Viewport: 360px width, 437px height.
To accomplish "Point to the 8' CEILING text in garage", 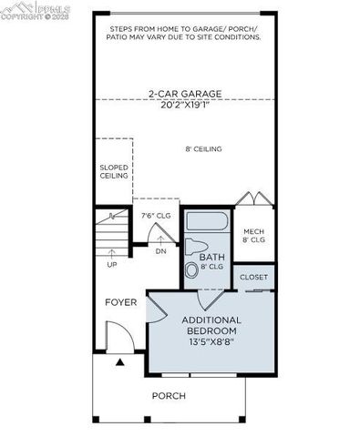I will pyautogui.click(x=204, y=149).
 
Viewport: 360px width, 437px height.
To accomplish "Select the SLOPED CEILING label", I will pyautogui.click(x=114, y=171).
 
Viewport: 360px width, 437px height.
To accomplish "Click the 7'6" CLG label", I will pyautogui.click(x=156, y=216).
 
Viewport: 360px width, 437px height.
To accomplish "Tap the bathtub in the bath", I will pyautogui.click(x=208, y=221).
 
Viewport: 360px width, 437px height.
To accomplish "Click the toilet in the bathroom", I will pyautogui.click(x=195, y=248).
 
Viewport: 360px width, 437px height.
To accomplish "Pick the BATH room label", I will pyautogui.click(x=212, y=261).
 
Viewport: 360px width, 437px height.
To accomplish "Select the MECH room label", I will pyautogui.click(x=253, y=236).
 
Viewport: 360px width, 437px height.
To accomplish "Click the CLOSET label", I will pyautogui.click(x=253, y=277).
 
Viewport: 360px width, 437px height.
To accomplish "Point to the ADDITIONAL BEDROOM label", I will pyautogui.click(x=211, y=325).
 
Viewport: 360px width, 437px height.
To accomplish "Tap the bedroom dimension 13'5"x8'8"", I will pyautogui.click(x=211, y=342).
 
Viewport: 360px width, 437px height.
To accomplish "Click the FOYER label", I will pyautogui.click(x=120, y=301).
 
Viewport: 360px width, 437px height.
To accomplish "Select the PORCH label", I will pyautogui.click(x=169, y=395).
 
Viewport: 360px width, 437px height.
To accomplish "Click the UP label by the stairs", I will pyautogui.click(x=112, y=265).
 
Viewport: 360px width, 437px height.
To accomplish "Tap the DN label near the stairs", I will pyautogui.click(x=160, y=250).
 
